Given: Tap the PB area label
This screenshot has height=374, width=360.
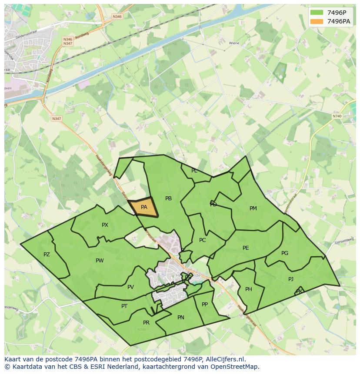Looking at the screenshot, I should click(x=168, y=199).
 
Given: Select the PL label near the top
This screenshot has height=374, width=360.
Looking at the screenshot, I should click(x=194, y=171).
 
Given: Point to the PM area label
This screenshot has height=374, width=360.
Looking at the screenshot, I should click(x=253, y=209).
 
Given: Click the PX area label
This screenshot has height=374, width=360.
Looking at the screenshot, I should click(x=105, y=225).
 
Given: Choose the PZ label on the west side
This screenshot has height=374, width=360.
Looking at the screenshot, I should click(x=47, y=255).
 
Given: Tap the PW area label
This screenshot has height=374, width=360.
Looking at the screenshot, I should click(x=100, y=261).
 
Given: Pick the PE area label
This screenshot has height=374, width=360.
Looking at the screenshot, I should click(x=246, y=248).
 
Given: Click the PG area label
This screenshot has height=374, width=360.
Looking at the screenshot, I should click(x=285, y=253).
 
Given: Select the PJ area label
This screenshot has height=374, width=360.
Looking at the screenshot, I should click(x=291, y=279).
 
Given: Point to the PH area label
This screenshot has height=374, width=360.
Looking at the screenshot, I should click(x=249, y=289).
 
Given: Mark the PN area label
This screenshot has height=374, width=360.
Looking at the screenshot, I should click(x=181, y=318).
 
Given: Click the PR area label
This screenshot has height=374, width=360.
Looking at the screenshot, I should click(x=146, y=323).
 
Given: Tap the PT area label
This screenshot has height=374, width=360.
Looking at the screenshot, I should click(x=124, y=306).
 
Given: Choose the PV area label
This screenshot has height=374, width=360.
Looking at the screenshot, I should click(x=130, y=287).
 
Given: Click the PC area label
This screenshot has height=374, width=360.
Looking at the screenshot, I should click(x=202, y=240).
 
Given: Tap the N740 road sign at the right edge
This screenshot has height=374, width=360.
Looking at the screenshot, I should click(x=337, y=116).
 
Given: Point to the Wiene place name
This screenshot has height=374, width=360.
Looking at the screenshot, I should click(x=234, y=43).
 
